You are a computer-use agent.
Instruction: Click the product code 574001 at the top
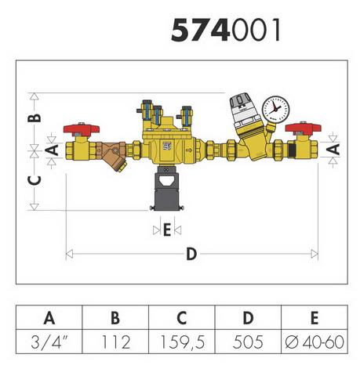click(226, 30)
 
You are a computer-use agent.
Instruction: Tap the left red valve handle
click(82, 129)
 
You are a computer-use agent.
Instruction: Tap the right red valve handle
click(303, 128)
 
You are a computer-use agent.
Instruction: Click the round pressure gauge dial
click(275, 110)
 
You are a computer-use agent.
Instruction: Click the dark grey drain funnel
click(167, 189)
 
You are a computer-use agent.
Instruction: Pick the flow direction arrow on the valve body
click(189, 150)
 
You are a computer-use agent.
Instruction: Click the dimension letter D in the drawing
click(191, 254)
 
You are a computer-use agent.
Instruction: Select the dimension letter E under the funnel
click(167, 230)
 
